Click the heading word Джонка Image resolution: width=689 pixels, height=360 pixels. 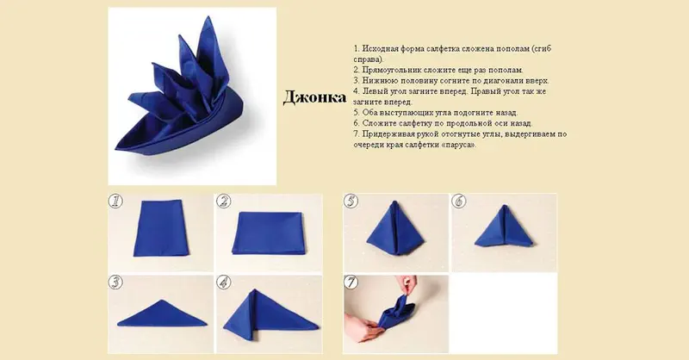314,97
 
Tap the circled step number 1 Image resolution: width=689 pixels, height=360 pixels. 115,202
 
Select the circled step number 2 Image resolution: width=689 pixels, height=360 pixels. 224,202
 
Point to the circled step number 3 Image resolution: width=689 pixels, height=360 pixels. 115,282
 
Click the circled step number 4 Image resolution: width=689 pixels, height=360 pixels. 224,282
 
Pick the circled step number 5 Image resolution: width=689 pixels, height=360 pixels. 351,202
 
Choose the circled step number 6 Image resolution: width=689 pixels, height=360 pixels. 459,202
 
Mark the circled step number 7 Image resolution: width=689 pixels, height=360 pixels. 351,282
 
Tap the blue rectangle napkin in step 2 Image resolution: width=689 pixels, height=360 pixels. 268,233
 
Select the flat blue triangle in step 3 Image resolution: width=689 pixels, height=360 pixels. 162,313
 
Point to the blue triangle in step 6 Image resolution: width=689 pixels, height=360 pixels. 504,227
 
